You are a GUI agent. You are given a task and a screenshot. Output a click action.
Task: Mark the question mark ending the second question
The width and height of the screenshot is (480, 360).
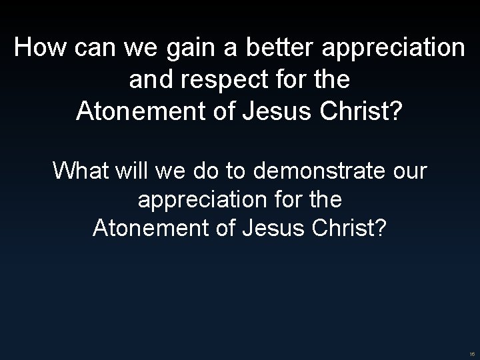tap(381, 229)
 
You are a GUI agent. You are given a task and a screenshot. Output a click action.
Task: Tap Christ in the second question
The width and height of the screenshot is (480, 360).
tap(344, 229)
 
